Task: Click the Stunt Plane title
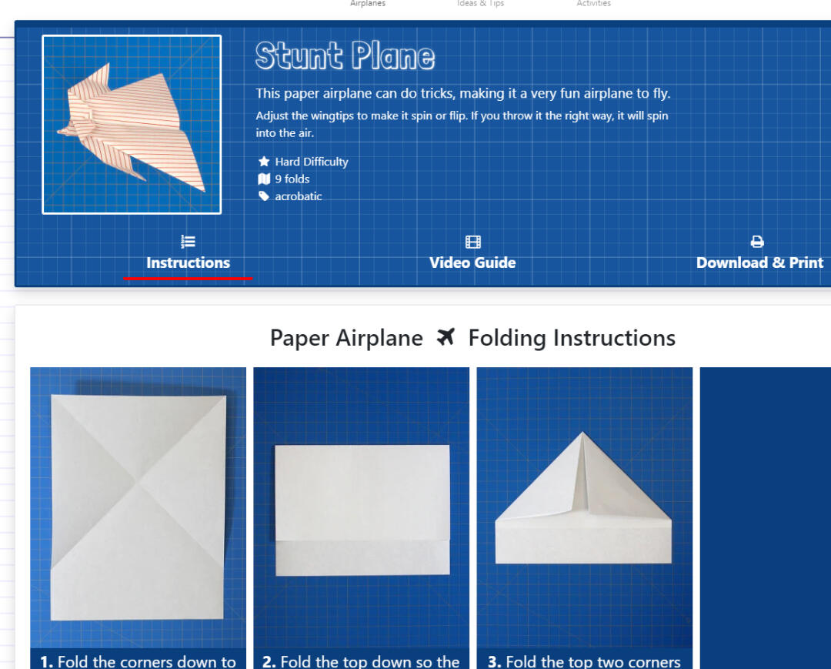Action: point(345,55)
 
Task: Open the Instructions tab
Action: point(189,263)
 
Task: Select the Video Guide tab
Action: point(472,263)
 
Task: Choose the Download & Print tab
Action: point(759,263)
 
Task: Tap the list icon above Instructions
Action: point(189,242)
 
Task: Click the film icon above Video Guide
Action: point(472,242)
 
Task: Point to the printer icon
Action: point(757,242)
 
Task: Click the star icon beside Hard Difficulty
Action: point(264,161)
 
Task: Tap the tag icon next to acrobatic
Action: point(264,196)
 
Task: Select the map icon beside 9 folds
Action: point(264,179)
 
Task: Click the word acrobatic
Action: point(299,196)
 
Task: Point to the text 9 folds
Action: point(292,179)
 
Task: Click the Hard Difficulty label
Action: point(312,162)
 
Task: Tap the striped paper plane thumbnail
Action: point(132,125)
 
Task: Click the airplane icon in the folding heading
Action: point(446,337)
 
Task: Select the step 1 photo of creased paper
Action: point(138,507)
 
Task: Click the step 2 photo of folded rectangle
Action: point(362,507)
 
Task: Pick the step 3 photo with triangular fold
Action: point(585,507)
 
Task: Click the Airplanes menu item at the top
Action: point(368,3)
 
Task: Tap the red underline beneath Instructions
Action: point(189,278)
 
